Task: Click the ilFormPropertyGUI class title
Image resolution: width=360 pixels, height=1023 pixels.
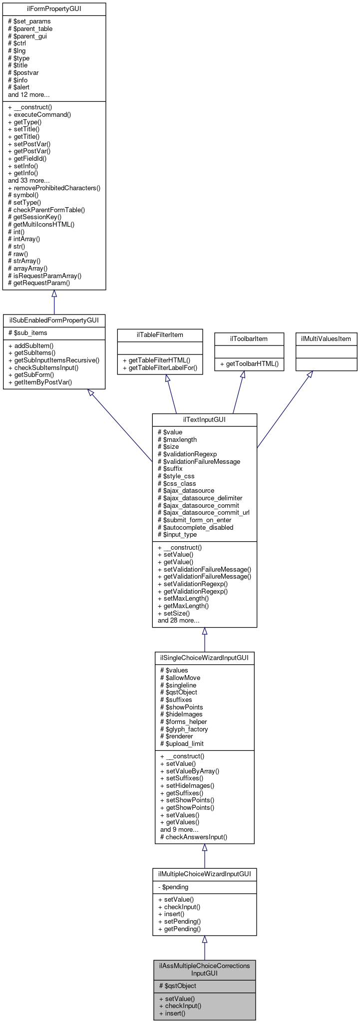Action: (x=54, y=9)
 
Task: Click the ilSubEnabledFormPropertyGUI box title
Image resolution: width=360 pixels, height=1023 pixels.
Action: (x=54, y=321)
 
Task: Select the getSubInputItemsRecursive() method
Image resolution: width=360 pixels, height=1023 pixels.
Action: (x=54, y=360)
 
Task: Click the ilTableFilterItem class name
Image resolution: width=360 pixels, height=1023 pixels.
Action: (x=160, y=335)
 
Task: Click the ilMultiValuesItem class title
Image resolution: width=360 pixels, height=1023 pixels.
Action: (x=326, y=339)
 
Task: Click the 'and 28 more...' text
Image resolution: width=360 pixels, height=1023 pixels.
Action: (x=178, y=621)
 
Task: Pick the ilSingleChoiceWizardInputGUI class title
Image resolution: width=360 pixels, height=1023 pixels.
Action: (x=204, y=658)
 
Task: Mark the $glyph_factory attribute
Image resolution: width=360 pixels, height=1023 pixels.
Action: (x=184, y=729)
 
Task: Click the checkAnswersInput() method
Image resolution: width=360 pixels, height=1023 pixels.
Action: (x=193, y=837)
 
